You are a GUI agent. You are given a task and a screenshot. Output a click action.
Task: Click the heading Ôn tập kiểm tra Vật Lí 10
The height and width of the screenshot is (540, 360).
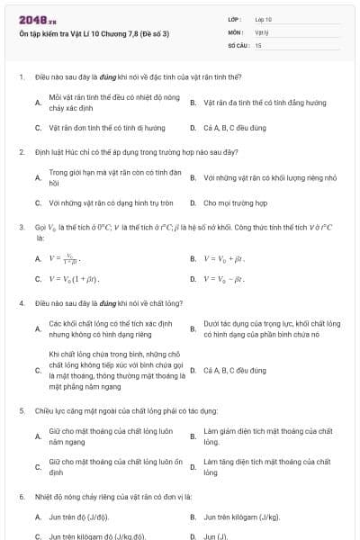[x=94, y=33]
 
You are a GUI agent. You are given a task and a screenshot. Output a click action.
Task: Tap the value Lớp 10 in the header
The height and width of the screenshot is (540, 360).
[x=264, y=19]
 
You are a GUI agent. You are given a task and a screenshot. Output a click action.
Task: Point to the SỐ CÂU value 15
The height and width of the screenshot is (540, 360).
[x=258, y=44]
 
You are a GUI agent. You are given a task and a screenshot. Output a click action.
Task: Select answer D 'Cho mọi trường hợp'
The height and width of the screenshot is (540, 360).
[x=236, y=202]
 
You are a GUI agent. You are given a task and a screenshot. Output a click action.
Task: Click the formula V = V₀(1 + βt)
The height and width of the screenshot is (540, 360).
[x=75, y=279]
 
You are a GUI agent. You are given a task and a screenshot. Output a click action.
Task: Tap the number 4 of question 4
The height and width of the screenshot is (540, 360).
[x=22, y=303]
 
